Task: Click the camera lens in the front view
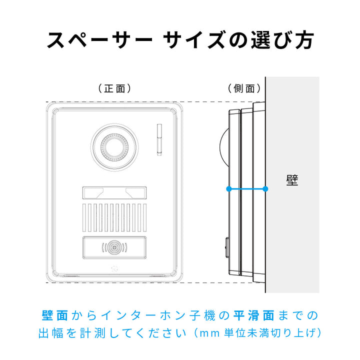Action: [x=114, y=147]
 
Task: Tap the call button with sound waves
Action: [x=114, y=247]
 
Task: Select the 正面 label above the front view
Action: [x=114, y=88]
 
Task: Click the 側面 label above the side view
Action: [x=244, y=88]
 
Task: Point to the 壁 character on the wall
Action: [x=292, y=180]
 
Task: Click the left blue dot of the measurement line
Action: [x=228, y=188]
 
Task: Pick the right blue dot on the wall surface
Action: [x=265, y=188]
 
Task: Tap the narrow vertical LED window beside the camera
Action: [x=159, y=139]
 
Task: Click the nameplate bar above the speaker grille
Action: [x=114, y=193]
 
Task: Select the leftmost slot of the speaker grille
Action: [x=84, y=217]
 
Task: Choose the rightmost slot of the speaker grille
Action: [x=144, y=217]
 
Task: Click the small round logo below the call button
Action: [x=114, y=268]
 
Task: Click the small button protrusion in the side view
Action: [x=227, y=247]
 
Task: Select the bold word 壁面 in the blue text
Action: [x=55, y=315]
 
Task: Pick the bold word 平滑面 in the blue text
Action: [x=254, y=315]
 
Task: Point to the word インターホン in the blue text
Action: [x=143, y=315]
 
